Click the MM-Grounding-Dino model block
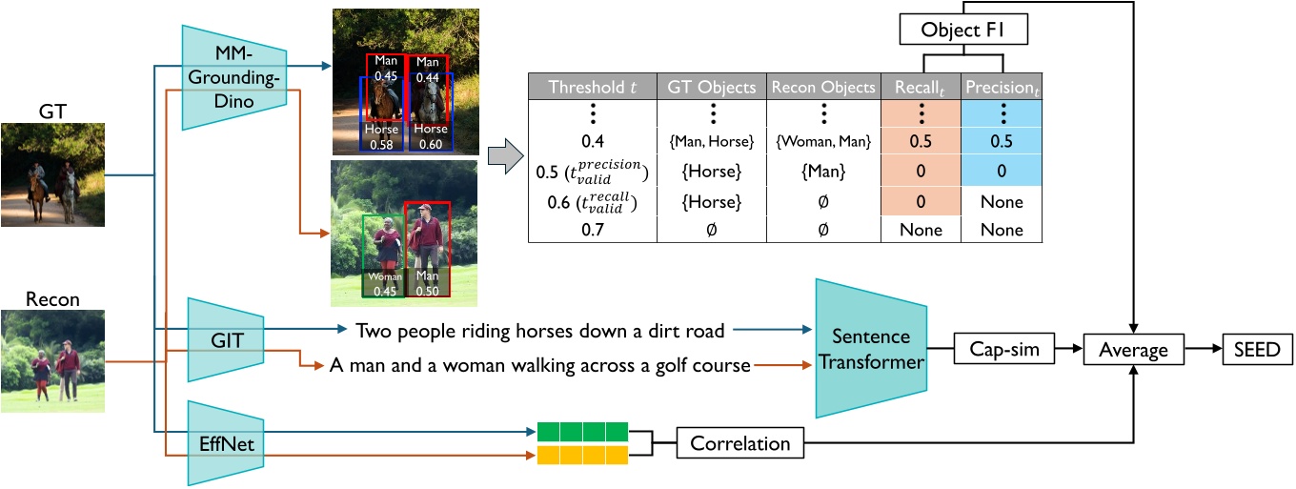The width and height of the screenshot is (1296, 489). pos(233,75)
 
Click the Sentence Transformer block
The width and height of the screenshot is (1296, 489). pos(872,350)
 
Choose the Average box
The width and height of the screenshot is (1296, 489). pos(1133,350)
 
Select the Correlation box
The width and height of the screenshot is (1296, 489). pos(739,443)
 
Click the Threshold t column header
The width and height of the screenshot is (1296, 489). pos(592,88)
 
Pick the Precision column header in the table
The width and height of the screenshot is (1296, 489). pos(1001,88)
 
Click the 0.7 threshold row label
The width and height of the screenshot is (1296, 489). pos(592,230)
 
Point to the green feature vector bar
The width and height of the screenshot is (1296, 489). pos(582,432)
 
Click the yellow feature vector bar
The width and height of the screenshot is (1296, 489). pos(582,455)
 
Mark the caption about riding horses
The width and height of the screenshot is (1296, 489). pos(539,331)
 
